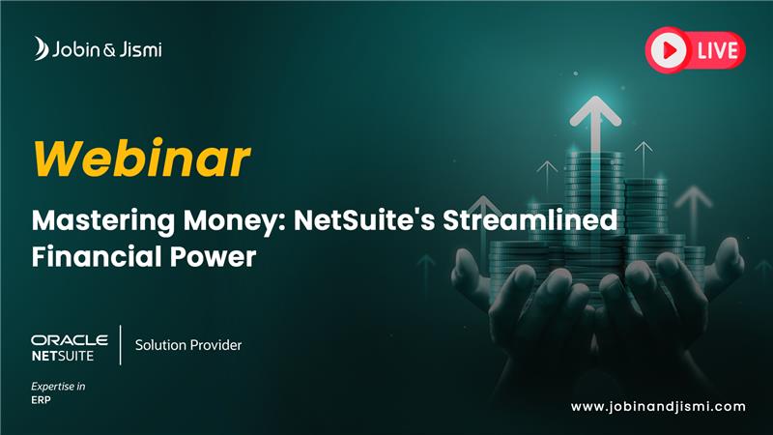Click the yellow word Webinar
141,159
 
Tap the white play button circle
668,50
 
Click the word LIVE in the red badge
717,50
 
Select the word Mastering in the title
103,221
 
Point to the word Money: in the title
235,221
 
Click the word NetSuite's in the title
364,220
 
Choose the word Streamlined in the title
530,219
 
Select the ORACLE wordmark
70,340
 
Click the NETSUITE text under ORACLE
63,356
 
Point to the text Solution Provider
188,345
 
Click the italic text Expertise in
58,386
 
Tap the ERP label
41,399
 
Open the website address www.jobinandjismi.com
658,407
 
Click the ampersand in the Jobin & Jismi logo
109,50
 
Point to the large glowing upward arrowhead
595,110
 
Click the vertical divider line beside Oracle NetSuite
120,345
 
